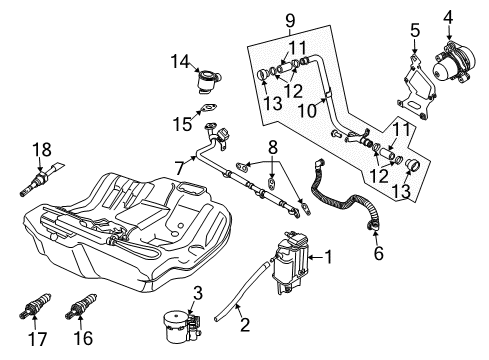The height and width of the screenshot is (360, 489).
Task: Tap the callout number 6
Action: pos(379,254)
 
